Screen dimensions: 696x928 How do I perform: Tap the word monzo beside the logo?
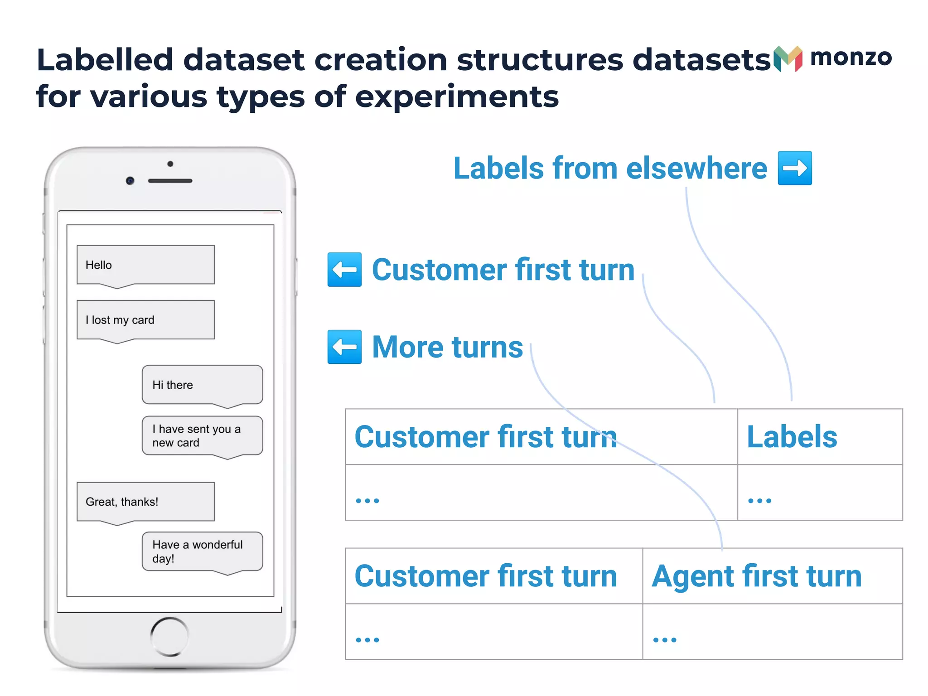coord(851,58)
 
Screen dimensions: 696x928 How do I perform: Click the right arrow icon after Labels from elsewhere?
coord(795,168)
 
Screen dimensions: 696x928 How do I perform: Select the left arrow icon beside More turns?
coord(344,347)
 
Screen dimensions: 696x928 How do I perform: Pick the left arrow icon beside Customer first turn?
coord(344,270)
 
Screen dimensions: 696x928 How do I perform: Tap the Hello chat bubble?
coord(145,265)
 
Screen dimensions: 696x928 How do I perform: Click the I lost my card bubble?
coord(145,320)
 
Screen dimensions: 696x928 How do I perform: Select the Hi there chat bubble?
coord(202,385)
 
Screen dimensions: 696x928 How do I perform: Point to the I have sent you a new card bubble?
coord(202,435)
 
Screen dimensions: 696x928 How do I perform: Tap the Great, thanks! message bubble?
coord(145,502)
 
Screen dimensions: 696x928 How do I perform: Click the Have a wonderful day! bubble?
coord(202,551)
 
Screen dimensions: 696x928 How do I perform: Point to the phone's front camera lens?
coord(130,181)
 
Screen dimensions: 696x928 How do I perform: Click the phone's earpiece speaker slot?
coord(170,181)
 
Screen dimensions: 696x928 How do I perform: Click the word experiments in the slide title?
coord(457,97)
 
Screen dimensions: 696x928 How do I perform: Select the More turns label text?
coord(447,347)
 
